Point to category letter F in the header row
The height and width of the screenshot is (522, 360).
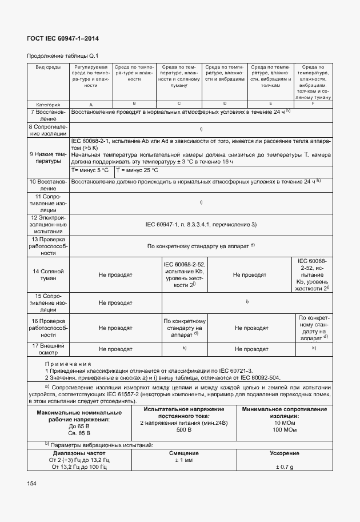point(313,103)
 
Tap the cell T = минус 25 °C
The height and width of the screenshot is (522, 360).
point(137,170)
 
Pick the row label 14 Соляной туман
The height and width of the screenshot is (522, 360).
point(48,274)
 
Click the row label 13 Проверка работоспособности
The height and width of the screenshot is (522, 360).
point(48,246)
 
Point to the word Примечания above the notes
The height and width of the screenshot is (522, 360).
point(69,363)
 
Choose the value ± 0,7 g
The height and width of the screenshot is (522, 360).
point(284,467)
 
